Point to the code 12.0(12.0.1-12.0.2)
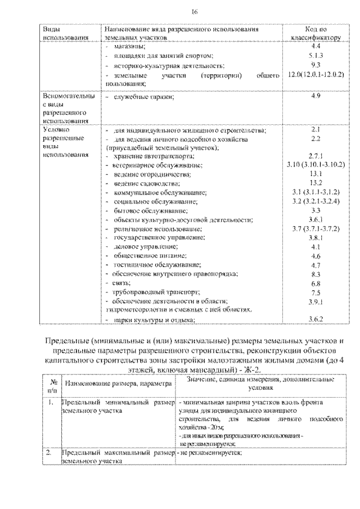tap(315, 74)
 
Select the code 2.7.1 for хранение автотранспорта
tap(315, 155)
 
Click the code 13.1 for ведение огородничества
tap(315, 174)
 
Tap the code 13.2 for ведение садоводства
tap(315, 183)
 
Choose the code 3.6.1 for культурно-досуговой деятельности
tap(315, 219)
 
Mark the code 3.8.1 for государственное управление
tap(315, 237)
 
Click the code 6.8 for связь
tap(315, 283)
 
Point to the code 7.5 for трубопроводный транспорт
tap(315, 292)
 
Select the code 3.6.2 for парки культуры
tap(315, 319)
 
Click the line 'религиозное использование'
tap(157, 229)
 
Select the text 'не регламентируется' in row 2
tap(211, 453)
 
